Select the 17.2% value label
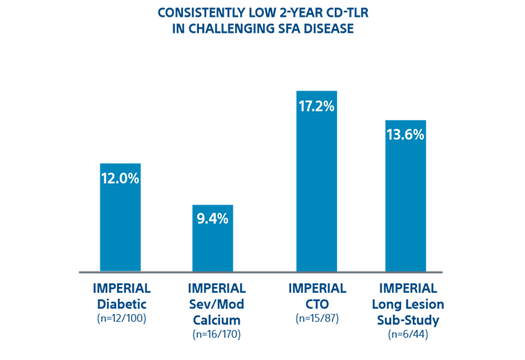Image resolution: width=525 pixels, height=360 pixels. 316,106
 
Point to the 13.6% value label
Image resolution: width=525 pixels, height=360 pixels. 405,135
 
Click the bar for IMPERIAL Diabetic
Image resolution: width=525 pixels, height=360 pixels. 119,226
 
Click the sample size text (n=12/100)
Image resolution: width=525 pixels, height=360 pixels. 122,318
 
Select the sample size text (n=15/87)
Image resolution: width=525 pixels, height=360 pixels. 317,318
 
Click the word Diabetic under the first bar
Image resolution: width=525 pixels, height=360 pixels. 122,303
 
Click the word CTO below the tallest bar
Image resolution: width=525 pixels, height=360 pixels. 317,303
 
